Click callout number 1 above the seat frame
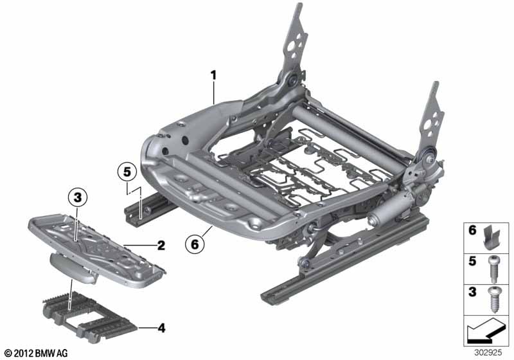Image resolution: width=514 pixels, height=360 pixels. pos(213,75)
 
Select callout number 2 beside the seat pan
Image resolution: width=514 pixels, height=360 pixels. pos(161,245)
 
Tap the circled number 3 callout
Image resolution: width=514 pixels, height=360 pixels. pos(77,198)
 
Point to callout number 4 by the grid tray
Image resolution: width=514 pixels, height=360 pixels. pos(161,328)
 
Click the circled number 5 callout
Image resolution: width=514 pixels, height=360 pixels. pos(127,172)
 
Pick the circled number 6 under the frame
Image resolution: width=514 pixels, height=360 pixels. pos(195,244)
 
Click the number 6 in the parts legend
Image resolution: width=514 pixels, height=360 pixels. pos(472,230)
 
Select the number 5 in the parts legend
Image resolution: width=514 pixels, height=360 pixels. pos(472,261)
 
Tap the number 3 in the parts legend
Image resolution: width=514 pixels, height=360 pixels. pos(472,292)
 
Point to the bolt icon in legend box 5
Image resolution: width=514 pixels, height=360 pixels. pos(493,269)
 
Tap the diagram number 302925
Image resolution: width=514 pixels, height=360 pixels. pos(488,353)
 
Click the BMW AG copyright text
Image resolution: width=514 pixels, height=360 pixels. pos(37,353)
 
